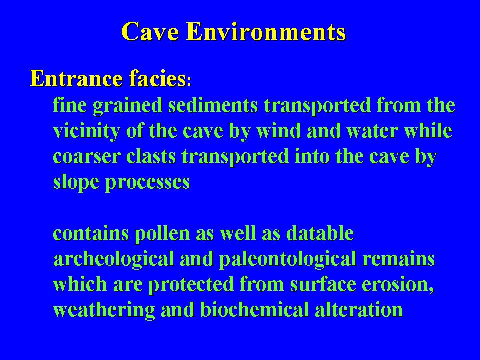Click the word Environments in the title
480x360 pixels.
[x=266, y=31]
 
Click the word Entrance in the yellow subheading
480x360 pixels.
[x=76, y=78]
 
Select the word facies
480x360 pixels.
[x=157, y=78]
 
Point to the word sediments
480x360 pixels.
[x=213, y=105]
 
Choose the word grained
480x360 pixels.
[x=127, y=106]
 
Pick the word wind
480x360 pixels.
[x=278, y=131]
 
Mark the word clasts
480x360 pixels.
[x=151, y=156]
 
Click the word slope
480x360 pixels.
[x=76, y=182]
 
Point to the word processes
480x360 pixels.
[x=148, y=183]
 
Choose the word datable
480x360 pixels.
[x=320, y=233]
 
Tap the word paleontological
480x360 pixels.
[x=288, y=259]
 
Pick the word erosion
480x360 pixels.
[x=398, y=285]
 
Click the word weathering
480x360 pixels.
[x=104, y=310]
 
